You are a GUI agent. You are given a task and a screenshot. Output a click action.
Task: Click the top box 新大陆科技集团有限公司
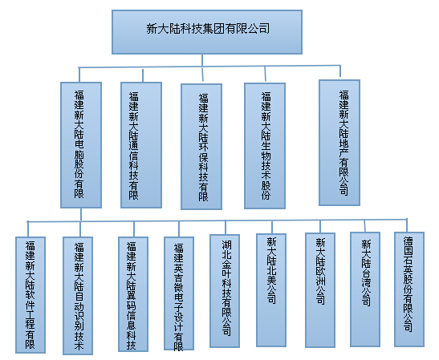[x=207, y=32]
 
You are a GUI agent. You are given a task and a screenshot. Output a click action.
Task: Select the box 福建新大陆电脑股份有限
[x=81, y=145]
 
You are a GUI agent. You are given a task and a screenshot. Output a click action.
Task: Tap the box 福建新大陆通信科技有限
[x=141, y=145]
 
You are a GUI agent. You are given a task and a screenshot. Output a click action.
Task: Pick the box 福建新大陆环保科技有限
[x=201, y=146]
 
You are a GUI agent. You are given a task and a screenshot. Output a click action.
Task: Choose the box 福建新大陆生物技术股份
[x=265, y=146]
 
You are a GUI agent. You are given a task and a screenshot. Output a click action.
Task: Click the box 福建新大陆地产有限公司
[x=339, y=143]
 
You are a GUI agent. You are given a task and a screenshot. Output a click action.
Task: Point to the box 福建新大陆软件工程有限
[x=30, y=295]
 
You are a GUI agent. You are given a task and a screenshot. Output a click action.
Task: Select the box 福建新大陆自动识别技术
[x=78, y=296]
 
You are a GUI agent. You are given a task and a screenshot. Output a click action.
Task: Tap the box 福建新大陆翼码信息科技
[x=133, y=294]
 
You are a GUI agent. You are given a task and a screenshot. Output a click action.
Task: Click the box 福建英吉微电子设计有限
[x=179, y=293]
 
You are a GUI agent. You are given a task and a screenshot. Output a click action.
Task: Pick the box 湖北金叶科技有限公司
[x=225, y=291]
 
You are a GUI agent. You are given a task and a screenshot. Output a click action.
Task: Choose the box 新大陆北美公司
[x=271, y=290]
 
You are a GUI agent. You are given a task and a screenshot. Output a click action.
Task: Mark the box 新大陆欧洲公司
[x=320, y=290]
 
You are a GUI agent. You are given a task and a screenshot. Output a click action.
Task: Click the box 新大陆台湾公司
[x=365, y=289]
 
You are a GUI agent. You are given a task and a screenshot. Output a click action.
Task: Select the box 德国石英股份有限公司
[x=409, y=289]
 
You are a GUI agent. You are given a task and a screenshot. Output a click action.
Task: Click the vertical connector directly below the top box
[x=202, y=60]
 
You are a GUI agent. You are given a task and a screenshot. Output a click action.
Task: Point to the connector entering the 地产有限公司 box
[x=340, y=71]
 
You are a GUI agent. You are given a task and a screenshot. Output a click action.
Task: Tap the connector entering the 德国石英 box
[x=407, y=225]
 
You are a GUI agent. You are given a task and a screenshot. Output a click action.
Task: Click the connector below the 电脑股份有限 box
[x=81, y=215]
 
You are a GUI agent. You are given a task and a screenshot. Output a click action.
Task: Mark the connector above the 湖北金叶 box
[x=226, y=228]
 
